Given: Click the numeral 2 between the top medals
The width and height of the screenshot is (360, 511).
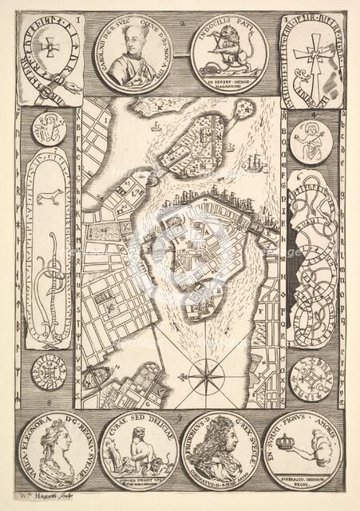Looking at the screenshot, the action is coord(183,23).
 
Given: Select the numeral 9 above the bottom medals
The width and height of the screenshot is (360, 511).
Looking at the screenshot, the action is coord(180,414).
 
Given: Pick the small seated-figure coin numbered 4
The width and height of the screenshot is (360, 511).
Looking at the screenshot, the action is coord(310,141).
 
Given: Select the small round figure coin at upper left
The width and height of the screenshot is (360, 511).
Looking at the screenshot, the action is coord(49,129).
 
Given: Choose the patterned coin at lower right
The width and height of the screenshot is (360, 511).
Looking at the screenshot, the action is coord(311,379).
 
